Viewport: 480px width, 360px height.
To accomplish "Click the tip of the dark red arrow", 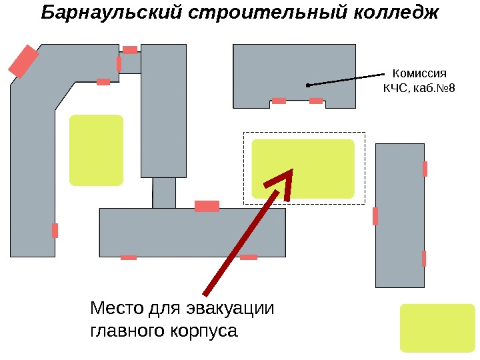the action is (292, 171).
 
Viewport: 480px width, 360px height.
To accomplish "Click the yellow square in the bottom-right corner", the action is (437, 327).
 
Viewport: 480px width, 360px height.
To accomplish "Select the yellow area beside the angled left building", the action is (97, 150).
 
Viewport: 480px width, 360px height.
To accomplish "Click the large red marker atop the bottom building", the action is (207, 206).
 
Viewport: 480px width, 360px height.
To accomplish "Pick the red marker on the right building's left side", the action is (375, 216).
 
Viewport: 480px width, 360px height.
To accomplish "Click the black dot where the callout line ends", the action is (307, 85).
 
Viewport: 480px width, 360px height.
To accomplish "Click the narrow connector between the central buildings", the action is (164, 193).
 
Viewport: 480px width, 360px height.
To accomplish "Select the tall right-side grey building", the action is (400, 215).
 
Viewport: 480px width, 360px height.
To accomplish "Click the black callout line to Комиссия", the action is (347, 78).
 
